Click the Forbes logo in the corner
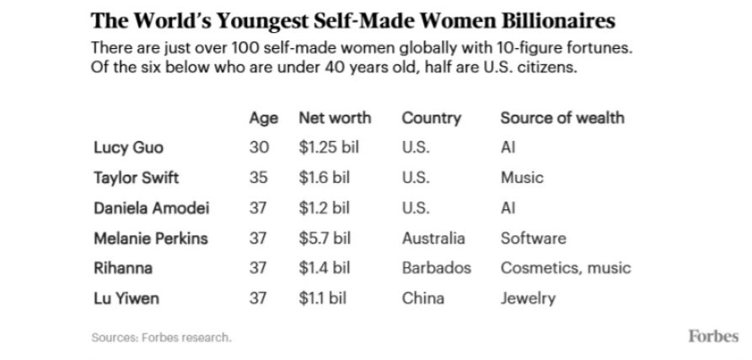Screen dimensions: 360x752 pos(713,336)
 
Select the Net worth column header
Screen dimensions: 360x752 pos(335,117)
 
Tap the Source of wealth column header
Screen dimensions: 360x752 pos(562,117)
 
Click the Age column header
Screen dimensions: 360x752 pos(263,117)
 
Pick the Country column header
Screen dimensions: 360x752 pos(431,117)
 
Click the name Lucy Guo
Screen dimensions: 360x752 pos(123,148)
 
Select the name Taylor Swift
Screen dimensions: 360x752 pos(136,178)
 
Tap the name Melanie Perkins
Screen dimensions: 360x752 pos(150,239)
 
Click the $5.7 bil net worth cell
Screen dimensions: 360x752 pos(325,239)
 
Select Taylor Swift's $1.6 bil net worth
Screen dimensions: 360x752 pos(325,178)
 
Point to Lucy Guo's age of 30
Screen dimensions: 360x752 pos(259,148)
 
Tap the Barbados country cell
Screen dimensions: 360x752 pos(436,269)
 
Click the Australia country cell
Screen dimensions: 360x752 pos(433,239)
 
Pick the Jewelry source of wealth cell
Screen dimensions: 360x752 pos(528,298)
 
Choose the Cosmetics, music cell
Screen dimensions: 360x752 pos(566,269)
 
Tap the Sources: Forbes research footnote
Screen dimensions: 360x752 pos(161,338)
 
